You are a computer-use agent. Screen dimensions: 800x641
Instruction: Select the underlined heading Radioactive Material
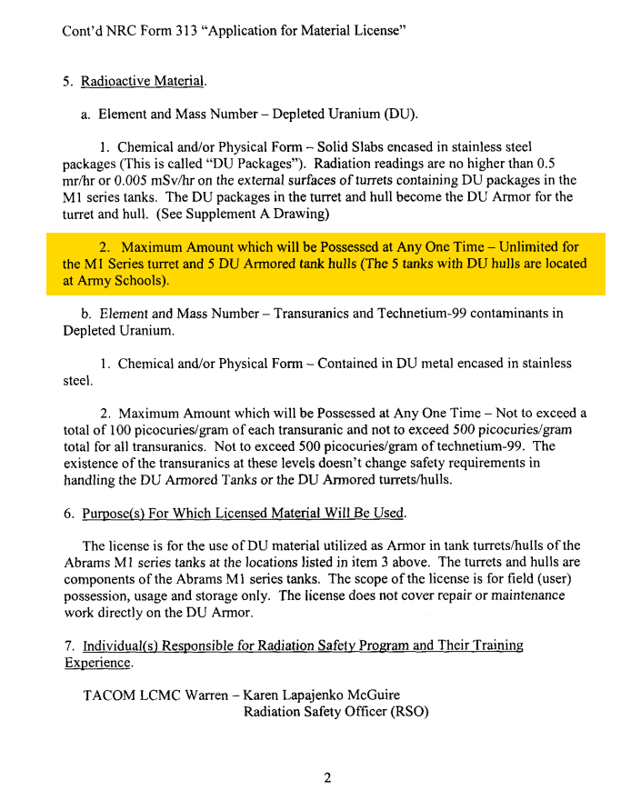pos(143,81)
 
